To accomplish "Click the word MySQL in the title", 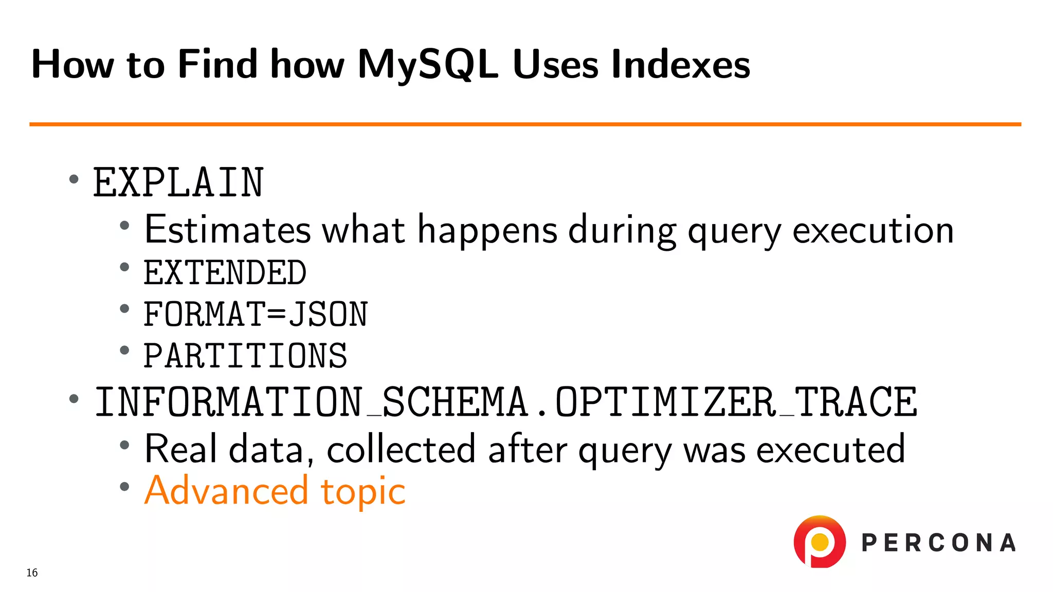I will [x=428, y=65].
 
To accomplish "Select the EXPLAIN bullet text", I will [x=178, y=183].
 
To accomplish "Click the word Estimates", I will [x=227, y=229].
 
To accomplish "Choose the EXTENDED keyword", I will [x=225, y=272].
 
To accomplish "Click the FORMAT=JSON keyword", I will [x=256, y=314].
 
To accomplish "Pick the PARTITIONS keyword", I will [x=245, y=356].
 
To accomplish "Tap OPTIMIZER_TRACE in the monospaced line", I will [x=736, y=402].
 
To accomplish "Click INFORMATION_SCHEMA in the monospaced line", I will [x=312, y=402].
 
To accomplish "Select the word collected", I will [x=401, y=449].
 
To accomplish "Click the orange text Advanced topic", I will [x=275, y=491].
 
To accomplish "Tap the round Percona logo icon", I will [x=820, y=542].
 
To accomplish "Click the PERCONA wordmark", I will [x=938, y=543].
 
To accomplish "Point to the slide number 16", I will [x=32, y=572].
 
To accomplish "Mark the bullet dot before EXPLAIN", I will [x=74, y=179].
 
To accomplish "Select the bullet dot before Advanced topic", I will [x=124, y=486].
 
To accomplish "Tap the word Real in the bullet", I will [x=180, y=449].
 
